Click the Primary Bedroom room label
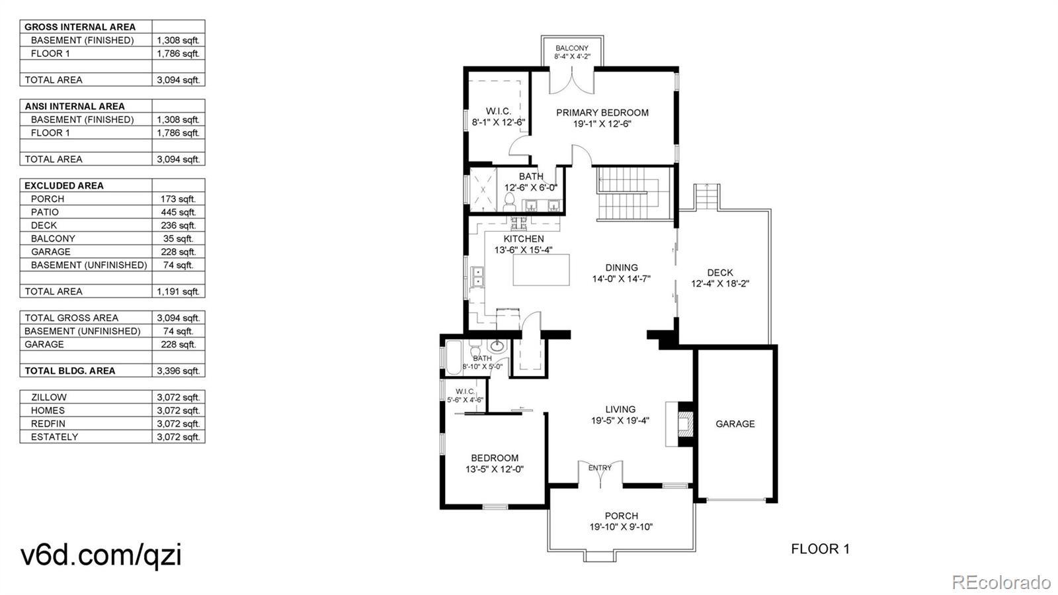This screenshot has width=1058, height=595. point(602,113)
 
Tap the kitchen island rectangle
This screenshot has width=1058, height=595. point(542,270)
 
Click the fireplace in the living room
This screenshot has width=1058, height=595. point(680,424)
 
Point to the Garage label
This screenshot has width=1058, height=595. point(735,424)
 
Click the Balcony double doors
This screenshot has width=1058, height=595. point(571,80)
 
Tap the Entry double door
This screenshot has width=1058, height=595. point(600,475)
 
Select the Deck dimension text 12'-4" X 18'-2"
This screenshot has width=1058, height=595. point(720,284)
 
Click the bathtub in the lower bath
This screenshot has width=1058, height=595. point(454,357)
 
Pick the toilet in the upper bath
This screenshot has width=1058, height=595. point(509,205)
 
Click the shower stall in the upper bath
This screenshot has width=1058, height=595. point(483,189)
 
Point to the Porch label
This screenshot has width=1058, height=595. point(622,516)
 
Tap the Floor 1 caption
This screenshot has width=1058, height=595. point(821,549)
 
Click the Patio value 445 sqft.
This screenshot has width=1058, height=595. point(178,212)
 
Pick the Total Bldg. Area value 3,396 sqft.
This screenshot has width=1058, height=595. point(178,371)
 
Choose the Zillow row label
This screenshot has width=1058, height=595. point(49,398)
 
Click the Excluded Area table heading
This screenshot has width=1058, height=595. point(63,186)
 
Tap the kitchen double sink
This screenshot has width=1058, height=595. point(477,277)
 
